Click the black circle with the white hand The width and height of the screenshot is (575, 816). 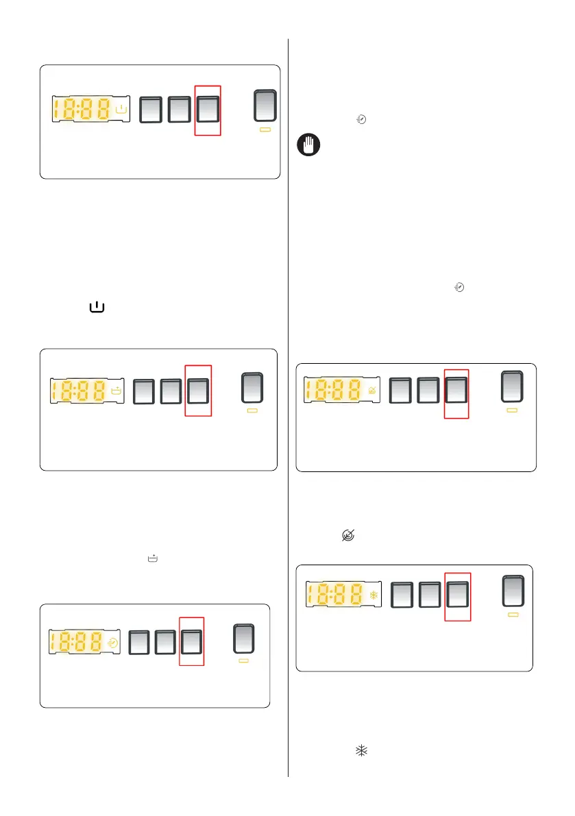[x=308, y=146]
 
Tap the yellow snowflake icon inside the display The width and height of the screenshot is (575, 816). [x=374, y=595]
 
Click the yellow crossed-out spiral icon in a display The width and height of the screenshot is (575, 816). [x=372, y=391]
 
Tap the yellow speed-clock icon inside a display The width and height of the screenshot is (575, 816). [x=113, y=643]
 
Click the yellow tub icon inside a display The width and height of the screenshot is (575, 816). [x=117, y=392]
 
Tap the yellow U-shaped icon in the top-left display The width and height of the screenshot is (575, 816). [x=121, y=109]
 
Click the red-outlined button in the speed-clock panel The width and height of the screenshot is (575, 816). [x=191, y=641]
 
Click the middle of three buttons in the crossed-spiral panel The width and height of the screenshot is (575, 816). [x=428, y=389]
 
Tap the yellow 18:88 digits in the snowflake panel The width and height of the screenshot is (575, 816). [x=334, y=595]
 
